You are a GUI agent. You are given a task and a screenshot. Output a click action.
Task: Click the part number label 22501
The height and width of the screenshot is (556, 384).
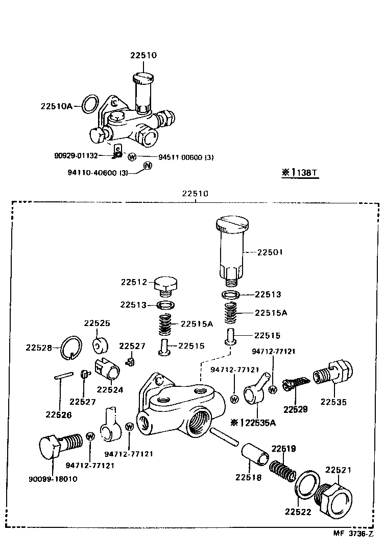click(x=270, y=252)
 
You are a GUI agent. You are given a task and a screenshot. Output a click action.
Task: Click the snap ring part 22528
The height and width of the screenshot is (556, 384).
click(x=69, y=347)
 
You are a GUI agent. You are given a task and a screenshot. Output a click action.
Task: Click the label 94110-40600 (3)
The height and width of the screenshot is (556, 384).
click(x=98, y=173)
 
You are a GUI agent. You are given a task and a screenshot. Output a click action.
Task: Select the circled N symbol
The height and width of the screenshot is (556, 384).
click(x=147, y=165)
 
